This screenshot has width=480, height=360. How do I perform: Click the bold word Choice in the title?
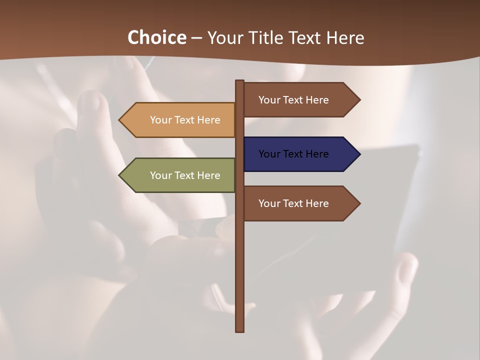click(156, 37)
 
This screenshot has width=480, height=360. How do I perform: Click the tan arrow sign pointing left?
click(177, 120)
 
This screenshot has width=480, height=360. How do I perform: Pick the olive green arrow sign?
click(177, 175)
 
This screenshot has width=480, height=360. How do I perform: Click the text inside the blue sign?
click(293, 154)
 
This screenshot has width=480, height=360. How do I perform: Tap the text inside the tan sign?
click(185, 120)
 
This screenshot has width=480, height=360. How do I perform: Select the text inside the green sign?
click(185, 175)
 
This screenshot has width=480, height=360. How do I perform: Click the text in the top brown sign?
click(293, 100)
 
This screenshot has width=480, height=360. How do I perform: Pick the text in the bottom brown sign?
click(293, 203)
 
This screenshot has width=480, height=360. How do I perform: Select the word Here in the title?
click(345, 37)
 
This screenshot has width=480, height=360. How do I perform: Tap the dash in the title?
click(196, 38)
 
